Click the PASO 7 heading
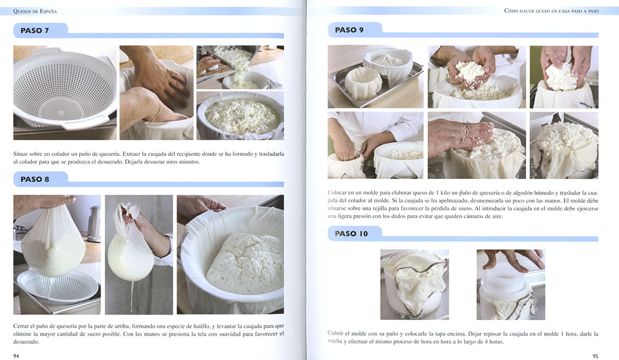pyautogui.click(x=35, y=30)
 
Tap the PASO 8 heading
pyautogui.click(x=35, y=179)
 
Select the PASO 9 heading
pyautogui.click(x=349, y=30)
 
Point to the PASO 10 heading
pyautogui.click(x=351, y=234)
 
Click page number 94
pyautogui.click(x=17, y=356)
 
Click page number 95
pyautogui.click(x=595, y=356)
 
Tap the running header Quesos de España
pyautogui.click(x=35, y=11)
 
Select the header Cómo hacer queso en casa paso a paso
pyautogui.click(x=551, y=11)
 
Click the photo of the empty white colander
pyautogui.click(x=65, y=92)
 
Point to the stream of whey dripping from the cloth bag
pyautogui.click(x=132, y=296)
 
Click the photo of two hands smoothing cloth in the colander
pyautogui.click(x=156, y=92)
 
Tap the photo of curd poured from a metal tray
pyautogui.click(x=240, y=67)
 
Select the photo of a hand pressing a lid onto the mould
pyautogui.click(x=511, y=285)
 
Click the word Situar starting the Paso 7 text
pyautogui.click(x=20, y=154)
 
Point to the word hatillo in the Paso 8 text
pyautogui.click(x=201, y=326)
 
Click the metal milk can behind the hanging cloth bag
pyautogui.click(x=94, y=223)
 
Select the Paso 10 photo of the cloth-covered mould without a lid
pyautogui.click(x=415, y=285)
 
